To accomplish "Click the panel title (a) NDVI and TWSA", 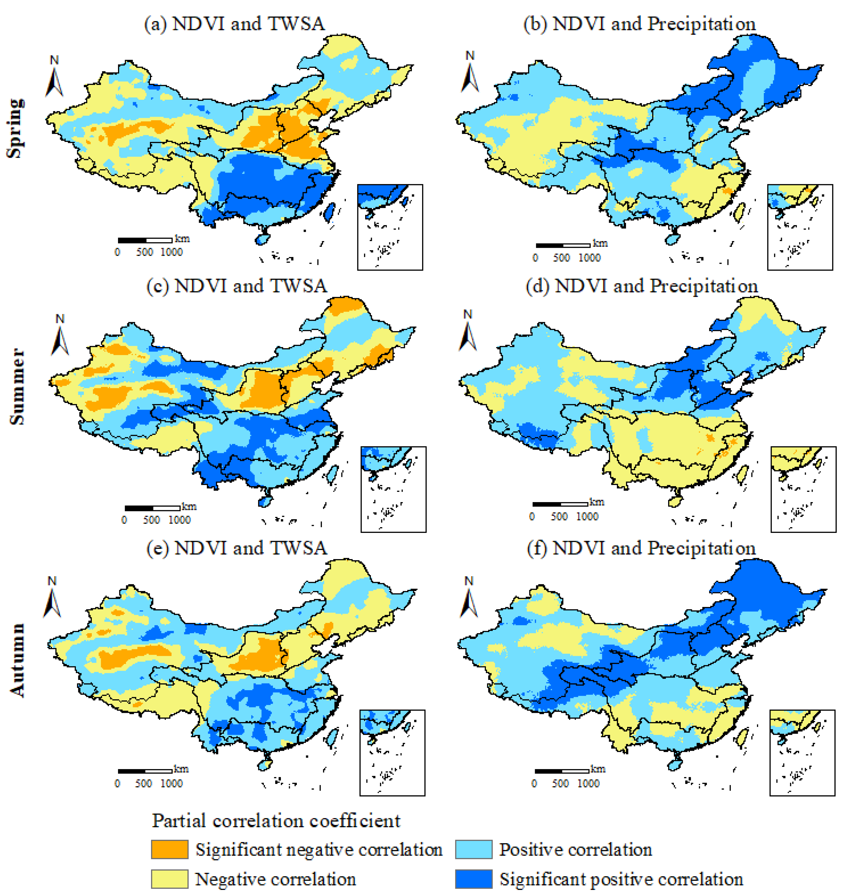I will pyautogui.click(x=234, y=24).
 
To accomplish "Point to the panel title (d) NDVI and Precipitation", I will pyautogui.click(x=641, y=286).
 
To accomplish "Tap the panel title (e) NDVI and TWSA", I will pyautogui.click(x=237, y=548).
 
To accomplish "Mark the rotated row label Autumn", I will pyautogui.click(x=17, y=660).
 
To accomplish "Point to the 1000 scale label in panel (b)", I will pyautogui.click(x=589, y=258).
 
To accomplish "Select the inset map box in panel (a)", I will pyautogui.click(x=390, y=227).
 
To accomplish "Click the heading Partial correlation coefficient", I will pyautogui.click(x=276, y=821).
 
